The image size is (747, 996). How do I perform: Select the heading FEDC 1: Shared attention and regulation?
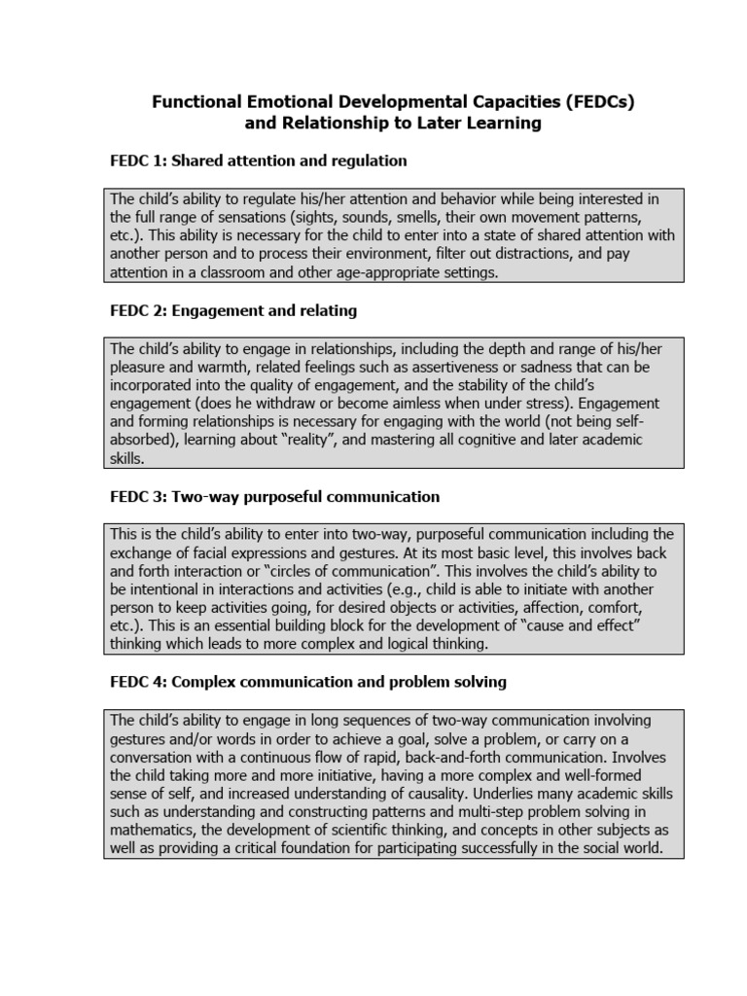[259, 160]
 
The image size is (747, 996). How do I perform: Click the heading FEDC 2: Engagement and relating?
[233, 310]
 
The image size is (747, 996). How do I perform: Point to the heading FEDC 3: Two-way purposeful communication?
[275, 496]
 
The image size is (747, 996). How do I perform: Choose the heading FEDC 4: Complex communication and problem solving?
[308, 682]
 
